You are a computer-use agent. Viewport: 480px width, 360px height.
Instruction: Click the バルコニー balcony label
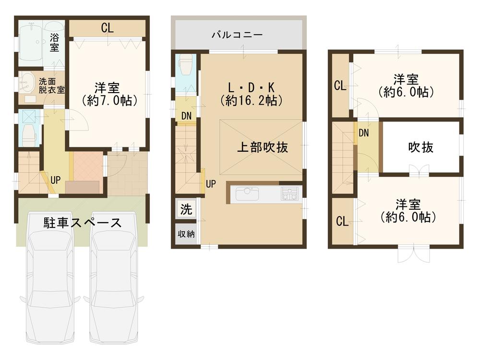tap(237, 35)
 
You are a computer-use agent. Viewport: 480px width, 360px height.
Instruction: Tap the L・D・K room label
tap(251, 87)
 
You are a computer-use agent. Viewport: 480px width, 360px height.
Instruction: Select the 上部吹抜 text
tap(263, 147)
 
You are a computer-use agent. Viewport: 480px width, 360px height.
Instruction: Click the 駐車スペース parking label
tap(83, 223)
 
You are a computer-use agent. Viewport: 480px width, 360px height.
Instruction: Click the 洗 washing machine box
tap(186, 209)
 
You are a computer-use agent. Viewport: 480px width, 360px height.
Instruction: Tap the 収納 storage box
tap(186, 234)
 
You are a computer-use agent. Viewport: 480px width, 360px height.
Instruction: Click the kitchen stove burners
tap(289, 193)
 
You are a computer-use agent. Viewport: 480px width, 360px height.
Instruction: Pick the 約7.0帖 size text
tap(110, 101)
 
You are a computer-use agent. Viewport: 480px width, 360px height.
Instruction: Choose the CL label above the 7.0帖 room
tap(108, 28)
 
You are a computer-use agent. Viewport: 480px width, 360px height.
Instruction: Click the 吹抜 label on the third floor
tap(421, 147)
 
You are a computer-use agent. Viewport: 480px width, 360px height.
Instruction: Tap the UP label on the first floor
tap(56, 180)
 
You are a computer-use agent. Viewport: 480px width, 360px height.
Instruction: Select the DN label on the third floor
tap(364, 133)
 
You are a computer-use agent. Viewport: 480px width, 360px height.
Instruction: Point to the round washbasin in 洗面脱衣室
tap(26, 82)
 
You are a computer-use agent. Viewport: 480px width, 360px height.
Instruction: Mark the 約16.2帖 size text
tap(251, 101)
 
